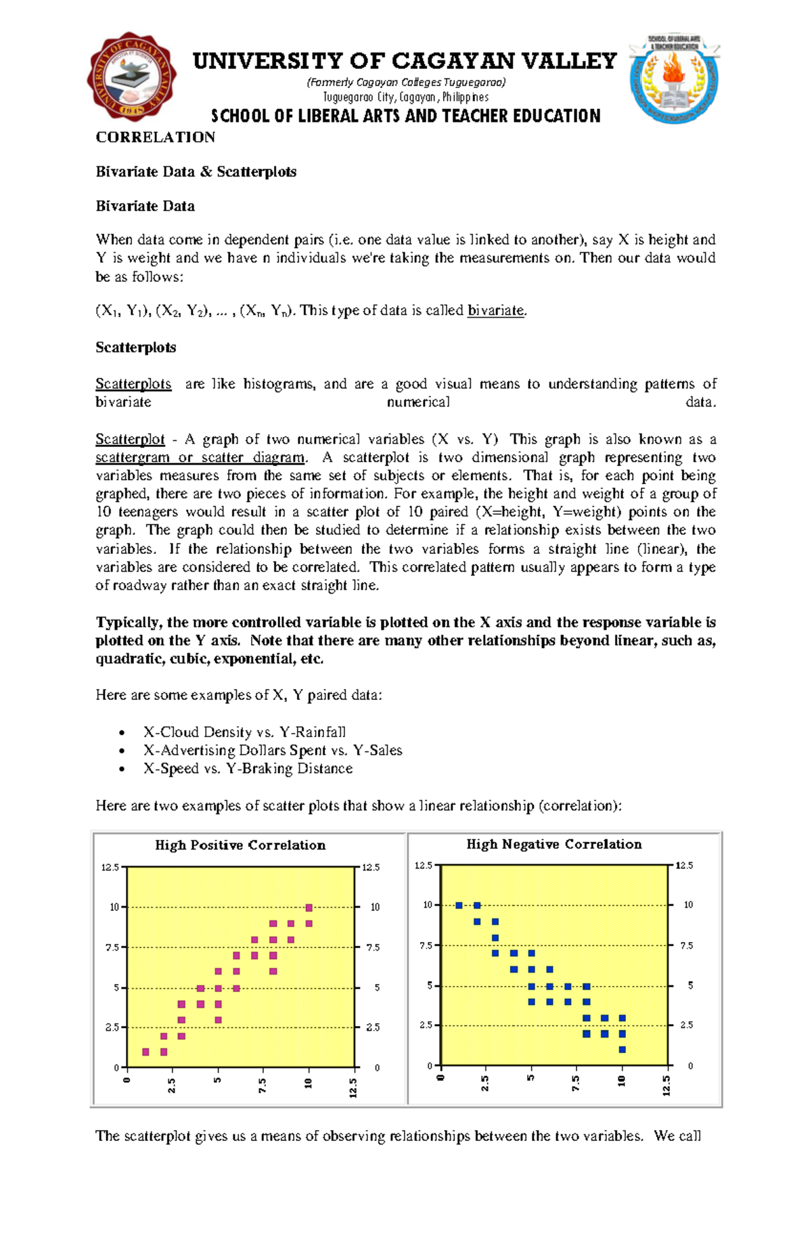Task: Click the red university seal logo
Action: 131,77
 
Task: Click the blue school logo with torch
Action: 674,79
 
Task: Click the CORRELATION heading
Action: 155,137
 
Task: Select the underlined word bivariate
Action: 496,310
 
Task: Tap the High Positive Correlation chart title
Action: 240,845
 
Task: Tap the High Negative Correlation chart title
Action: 554,844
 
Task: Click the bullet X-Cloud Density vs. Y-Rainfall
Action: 244,732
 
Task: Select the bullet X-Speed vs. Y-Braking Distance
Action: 248,768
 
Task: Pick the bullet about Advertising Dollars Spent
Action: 273,750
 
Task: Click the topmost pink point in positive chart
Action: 309,908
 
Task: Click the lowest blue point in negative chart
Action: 623,1050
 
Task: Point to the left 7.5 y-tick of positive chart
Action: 112,947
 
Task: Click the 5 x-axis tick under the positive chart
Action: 218,1080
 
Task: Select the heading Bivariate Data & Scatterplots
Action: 196,172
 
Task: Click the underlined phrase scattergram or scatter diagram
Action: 200,458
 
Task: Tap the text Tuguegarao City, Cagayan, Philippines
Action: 405,97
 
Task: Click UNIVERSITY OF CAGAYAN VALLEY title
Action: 405,62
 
